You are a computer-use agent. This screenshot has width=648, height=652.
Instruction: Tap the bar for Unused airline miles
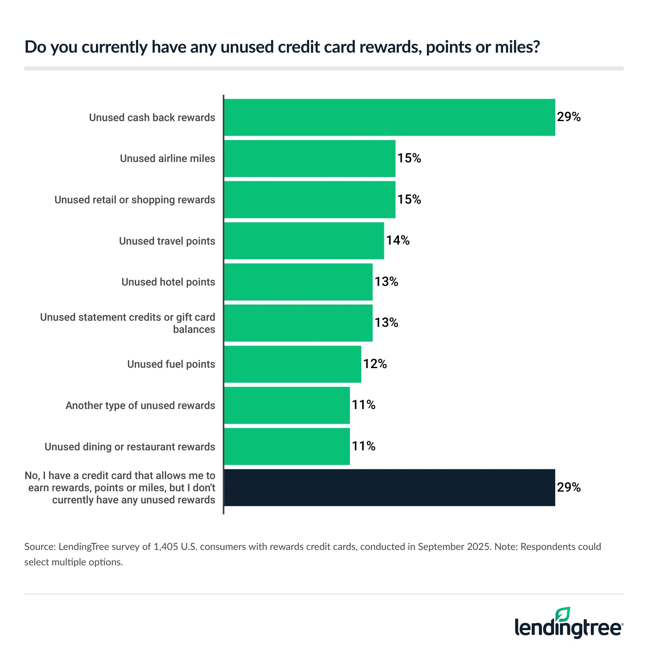[x=309, y=158]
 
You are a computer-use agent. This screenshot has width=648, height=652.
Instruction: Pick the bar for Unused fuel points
[x=292, y=364]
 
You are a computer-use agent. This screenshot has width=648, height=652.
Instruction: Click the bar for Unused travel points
[x=304, y=241]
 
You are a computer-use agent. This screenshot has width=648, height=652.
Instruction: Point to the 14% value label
[x=398, y=241]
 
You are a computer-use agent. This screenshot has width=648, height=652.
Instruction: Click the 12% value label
[x=375, y=364]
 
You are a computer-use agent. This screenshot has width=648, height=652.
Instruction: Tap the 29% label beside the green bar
[x=569, y=117]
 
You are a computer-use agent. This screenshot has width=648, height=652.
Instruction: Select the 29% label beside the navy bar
[x=569, y=487]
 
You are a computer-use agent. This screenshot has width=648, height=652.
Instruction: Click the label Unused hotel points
[x=168, y=282]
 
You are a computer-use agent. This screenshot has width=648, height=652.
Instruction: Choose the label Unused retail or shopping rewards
[x=135, y=200]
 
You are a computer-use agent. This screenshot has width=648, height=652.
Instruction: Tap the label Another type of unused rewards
[x=140, y=405]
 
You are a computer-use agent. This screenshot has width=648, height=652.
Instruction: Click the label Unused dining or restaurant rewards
[x=130, y=447]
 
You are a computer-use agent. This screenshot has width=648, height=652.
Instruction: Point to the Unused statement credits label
[x=128, y=323]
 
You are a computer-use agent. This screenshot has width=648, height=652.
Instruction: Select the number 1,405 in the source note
[x=166, y=547]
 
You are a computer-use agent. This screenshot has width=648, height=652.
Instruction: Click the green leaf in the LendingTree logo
[x=563, y=614]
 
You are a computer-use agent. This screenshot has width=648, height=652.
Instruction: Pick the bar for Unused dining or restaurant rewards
[x=287, y=447]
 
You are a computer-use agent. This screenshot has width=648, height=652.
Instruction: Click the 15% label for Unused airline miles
[x=409, y=158]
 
